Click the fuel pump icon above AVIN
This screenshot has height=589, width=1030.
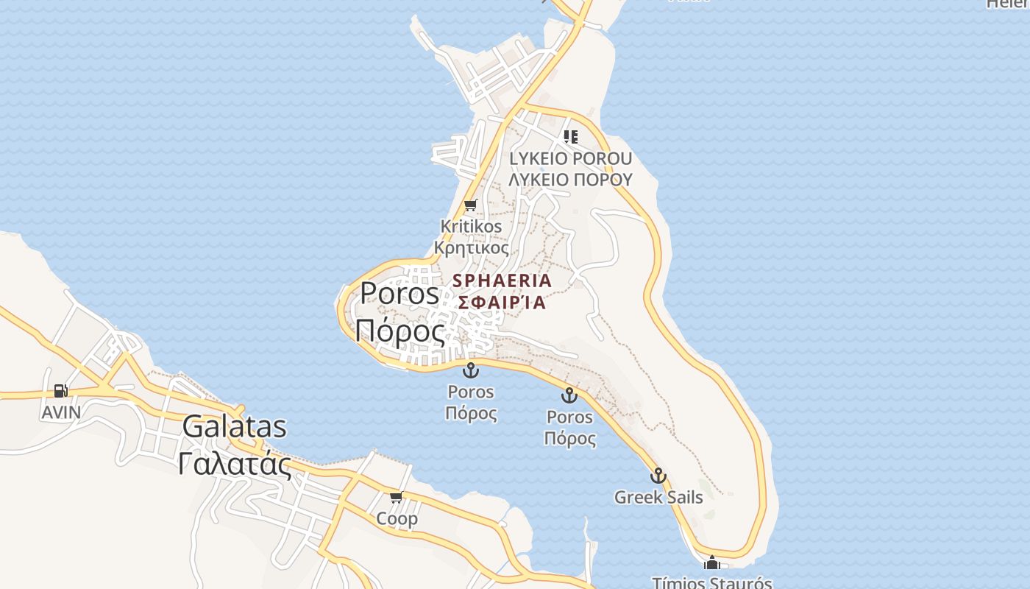point(60,391)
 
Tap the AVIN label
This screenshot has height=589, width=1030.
point(61,412)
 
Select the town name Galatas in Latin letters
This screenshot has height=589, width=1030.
point(235,427)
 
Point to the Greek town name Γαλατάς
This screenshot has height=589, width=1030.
point(235,464)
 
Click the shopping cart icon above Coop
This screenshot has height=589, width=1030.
point(397,498)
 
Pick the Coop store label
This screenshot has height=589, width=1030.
point(397,518)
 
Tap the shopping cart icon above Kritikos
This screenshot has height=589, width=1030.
point(471,205)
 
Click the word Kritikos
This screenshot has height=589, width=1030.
point(471,226)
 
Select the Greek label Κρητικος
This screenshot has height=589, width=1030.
point(471,247)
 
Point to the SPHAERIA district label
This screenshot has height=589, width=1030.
point(502,281)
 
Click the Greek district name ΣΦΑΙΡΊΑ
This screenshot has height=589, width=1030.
point(502,302)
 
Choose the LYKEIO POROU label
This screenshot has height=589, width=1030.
point(570,158)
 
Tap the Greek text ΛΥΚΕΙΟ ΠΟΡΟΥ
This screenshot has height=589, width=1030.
point(570,179)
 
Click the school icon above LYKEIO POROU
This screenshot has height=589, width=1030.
point(570,137)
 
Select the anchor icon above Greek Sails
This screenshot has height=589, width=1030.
point(658,476)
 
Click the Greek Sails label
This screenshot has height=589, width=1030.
point(658,497)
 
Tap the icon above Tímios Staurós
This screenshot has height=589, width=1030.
point(711,564)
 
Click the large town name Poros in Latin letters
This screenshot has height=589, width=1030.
point(399,294)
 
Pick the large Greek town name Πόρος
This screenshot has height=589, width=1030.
point(399,331)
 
